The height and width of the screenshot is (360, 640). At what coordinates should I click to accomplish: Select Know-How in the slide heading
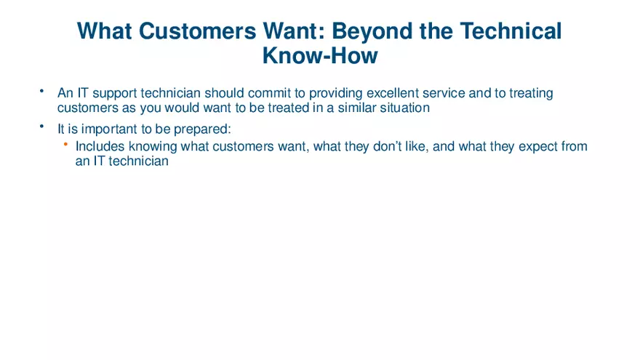coord(320,55)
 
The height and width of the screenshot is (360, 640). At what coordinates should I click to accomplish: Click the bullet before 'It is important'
coord(42,127)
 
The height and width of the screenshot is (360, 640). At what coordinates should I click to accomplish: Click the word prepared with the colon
coord(202,129)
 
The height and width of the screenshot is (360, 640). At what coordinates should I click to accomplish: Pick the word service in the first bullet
coord(444,93)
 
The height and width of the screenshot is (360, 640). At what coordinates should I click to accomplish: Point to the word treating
coord(531,93)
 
